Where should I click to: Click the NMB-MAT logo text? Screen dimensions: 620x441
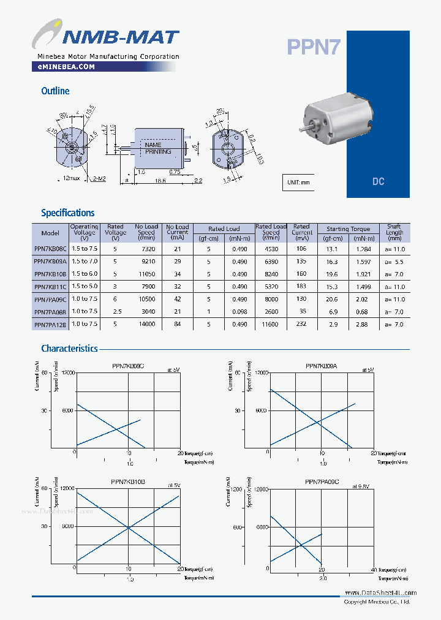pos(120,37)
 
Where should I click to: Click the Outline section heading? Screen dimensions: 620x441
pos(55,91)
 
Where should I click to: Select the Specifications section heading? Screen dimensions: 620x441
pos(67,213)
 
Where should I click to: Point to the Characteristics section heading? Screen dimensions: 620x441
pos(69,348)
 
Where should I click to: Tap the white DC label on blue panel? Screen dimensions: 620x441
pos(378,182)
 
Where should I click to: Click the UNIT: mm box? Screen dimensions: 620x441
pos(299,182)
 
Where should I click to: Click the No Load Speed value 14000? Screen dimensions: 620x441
pos(146,324)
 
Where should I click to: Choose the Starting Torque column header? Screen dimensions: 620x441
pos(348,229)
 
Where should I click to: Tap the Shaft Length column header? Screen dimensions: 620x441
pos(394,233)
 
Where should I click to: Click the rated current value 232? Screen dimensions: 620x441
pos(301,324)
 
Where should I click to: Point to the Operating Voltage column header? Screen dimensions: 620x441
pos(84,233)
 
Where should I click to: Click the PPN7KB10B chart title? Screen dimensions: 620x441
pos(128,482)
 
